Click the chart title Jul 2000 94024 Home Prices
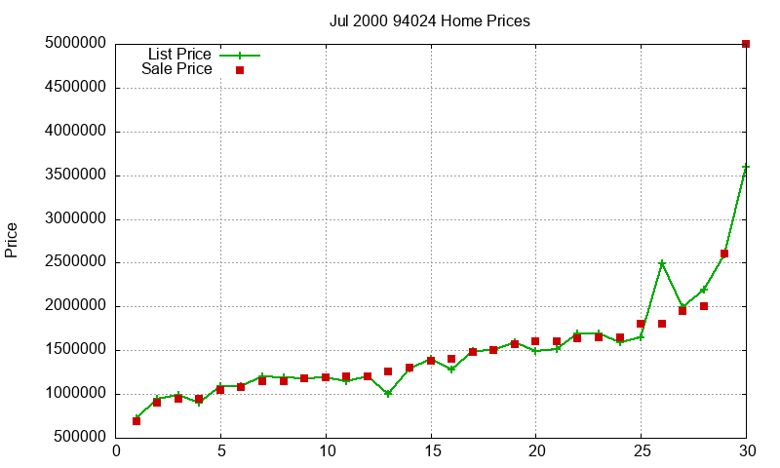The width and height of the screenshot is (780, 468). [x=430, y=21]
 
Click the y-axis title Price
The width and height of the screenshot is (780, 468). [x=12, y=240]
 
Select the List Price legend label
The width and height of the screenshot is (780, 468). [x=179, y=55]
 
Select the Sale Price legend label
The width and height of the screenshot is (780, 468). [x=176, y=69]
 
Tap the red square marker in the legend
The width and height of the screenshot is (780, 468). [x=239, y=70]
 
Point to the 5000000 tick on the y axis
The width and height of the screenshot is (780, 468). [x=75, y=44]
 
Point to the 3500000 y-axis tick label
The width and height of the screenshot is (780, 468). [x=75, y=175]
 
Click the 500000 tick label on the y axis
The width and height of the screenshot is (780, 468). [x=79, y=438]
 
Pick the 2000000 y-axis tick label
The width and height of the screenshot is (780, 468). [x=75, y=306]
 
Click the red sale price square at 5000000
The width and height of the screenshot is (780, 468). [x=746, y=44]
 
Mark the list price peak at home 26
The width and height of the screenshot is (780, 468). [x=662, y=263]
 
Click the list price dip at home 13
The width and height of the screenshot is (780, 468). [x=389, y=394]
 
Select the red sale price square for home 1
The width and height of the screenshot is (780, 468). [x=136, y=420]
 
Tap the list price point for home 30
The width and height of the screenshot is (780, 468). [x=746, y=167]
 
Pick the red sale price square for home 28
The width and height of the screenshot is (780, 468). [x=704, y=306]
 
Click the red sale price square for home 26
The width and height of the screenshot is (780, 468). [x=662, y=324]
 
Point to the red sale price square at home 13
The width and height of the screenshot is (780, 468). [x=389, y=371]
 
